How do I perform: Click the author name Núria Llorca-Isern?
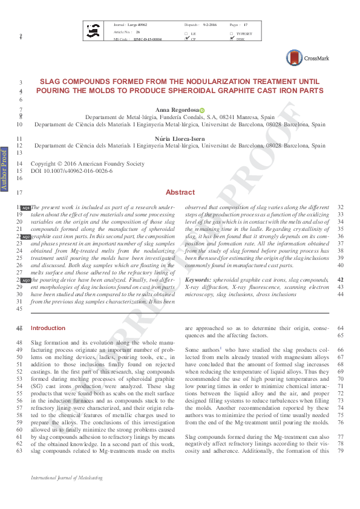(180, 138)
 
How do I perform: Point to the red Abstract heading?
(180, 192)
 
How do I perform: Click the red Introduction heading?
(48, 328)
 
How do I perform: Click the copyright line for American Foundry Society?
(88, 163)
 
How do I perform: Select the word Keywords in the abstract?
(198, 280)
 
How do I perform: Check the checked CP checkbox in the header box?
(186, 39)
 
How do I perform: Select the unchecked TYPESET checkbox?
(231, 33)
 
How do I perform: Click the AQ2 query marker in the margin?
(25, 237)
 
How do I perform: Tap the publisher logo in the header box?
(94, 30)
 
